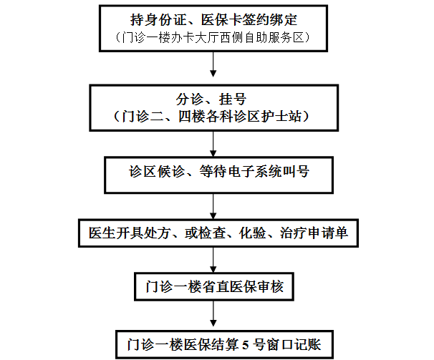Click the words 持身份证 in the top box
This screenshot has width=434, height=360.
pos(158,20)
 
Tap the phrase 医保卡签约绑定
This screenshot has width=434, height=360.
pos(249,20)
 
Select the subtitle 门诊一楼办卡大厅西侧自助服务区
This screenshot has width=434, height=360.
pos(213,38)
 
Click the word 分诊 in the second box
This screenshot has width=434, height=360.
pos(190,99)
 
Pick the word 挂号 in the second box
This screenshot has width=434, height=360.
pos(233,99)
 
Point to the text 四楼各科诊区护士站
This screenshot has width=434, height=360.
pos(240,117)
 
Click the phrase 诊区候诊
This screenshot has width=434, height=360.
pos(157,172)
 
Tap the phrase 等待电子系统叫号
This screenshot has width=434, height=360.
pos(254,172)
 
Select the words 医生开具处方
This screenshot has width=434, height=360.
pos(129,233)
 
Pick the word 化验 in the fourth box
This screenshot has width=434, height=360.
pos(252,233)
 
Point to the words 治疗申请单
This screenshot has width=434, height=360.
pos(314,233)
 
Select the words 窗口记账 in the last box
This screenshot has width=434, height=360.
pos(294,345)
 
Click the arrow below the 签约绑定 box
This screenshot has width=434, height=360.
pos(213,64)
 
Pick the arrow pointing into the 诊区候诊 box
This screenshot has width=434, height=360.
pos(213,144)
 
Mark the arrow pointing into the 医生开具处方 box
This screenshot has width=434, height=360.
pos(213,206)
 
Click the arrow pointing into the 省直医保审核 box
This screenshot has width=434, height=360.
pos(213,260)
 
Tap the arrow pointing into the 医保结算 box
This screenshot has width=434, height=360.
pos(213,314)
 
